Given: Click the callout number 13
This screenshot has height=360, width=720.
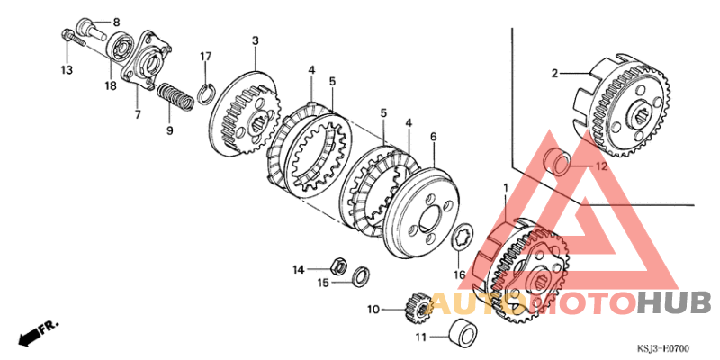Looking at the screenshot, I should point(66,69).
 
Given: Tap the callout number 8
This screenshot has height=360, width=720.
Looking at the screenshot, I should point(114,20).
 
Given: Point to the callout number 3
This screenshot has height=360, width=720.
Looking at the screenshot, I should point(255,41).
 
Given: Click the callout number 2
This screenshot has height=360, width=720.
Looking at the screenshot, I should point(554,73).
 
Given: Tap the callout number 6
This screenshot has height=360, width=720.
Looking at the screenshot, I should point(433,137).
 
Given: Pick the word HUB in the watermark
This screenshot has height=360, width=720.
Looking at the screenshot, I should point(674,302).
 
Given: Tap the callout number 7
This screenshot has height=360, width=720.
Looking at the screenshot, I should point(138,115).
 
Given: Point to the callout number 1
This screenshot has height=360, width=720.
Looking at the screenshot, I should point(505,188).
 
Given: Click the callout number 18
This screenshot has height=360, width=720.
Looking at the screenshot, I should point(110,86).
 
